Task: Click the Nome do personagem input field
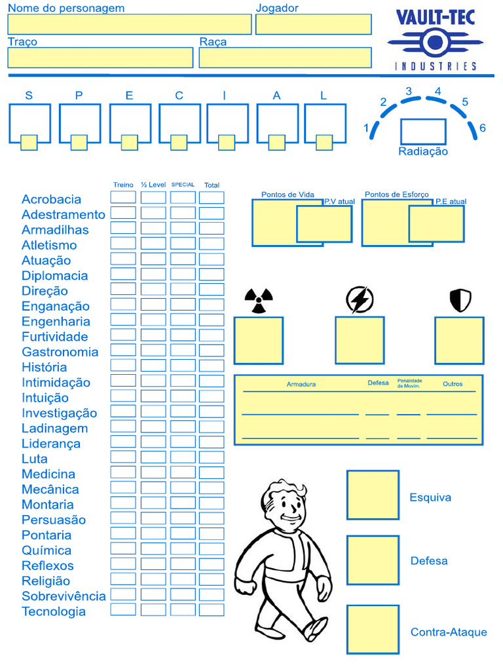pyautogui.click(x=129, y=24)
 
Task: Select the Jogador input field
pyautogui.click(x=313, y=24)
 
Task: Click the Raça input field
pyautogui.click(x=285, y=58)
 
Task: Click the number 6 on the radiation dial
pyautogui.click(x=483, y=128)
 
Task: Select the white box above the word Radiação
pyautogui.click(x=423, y=132)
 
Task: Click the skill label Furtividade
pyautogui.click(x=54, y=337)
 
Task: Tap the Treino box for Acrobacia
pyautogui.click(x=123, y=197)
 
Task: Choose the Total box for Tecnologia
pyautogui.click(x=212, y=610)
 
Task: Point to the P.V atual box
pyautogui.click(x=324, y=224)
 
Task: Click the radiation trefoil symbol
pyautogui.click(x=258, y=301)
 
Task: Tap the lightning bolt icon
pyautogui.click(x=360, y=300)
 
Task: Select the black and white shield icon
pyautogui.click(x=460, y=300)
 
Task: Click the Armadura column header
pyautogui.click(x=301, y=384)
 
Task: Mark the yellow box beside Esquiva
pyautogui.click(x=373, y=495)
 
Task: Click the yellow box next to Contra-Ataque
pyautogui.click(x=373, y=629)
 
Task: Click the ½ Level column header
pyautogui.click(x=153, y=185)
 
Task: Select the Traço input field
pyautogui.click(x=100, y=58)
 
